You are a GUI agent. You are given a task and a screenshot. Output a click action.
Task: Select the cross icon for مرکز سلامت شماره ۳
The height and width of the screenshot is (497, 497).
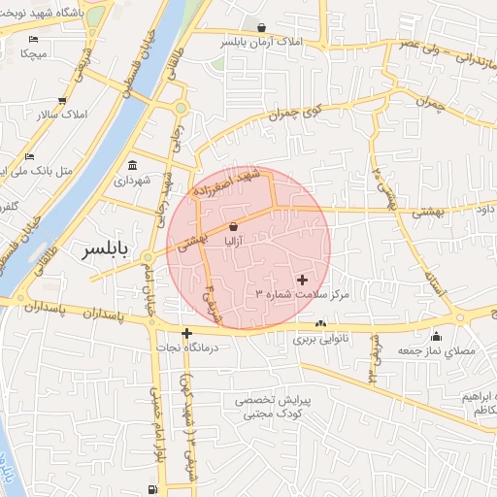click(302, 279)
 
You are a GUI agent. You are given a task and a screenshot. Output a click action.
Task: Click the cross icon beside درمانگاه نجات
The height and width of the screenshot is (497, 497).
click(186, 333)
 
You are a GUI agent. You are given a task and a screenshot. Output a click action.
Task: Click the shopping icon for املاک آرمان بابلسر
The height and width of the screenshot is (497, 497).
click(261, 26)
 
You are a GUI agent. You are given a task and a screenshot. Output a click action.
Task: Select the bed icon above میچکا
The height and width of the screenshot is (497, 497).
click(34, 40)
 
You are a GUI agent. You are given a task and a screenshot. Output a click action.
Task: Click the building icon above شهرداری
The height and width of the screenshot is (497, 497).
click(132, 164)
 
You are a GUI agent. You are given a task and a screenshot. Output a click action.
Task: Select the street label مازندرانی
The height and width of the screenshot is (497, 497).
click(466, 61)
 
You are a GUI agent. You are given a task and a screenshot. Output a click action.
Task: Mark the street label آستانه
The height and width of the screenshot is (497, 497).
click(434, 280)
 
